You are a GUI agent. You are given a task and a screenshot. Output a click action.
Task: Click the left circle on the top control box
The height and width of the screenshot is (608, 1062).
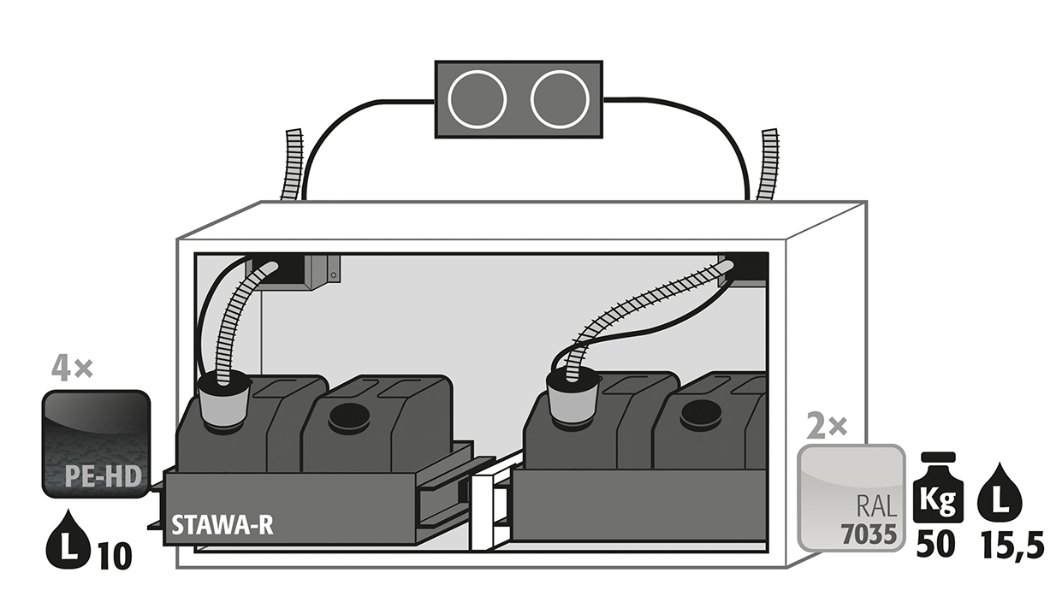point(477,99)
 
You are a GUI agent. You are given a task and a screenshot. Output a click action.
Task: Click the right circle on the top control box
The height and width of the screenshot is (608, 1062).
point(560,99)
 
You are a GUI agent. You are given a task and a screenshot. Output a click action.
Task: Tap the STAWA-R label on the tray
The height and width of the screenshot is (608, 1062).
point(222,525)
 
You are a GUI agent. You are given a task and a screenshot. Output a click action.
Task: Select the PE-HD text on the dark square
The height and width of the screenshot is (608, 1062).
point(103,476)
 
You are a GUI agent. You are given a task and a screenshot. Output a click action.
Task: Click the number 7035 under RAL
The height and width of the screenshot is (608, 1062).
point(869,534)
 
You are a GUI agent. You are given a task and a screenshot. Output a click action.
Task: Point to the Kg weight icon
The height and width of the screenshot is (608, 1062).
point(938,487)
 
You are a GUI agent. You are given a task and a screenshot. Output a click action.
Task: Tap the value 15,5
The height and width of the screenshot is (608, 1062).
point(1012,546)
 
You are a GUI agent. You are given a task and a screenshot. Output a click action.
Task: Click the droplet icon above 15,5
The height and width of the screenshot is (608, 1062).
point(1000,493)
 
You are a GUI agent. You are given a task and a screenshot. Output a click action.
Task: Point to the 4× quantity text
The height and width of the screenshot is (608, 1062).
point(72,369)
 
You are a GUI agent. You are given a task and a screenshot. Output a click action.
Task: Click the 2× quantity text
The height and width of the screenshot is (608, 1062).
point(827,426)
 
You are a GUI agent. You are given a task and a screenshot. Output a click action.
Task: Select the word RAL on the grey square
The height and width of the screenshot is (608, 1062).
point(876,506)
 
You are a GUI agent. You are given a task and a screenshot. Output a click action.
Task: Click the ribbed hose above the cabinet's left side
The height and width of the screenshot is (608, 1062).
point(292,164)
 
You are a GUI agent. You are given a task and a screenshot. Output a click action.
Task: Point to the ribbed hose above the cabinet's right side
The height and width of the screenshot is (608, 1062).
point(767,164)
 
